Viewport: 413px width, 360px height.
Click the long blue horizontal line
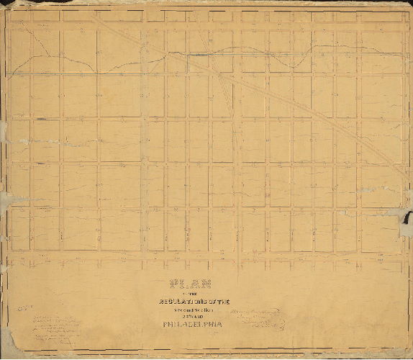point(108,74)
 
